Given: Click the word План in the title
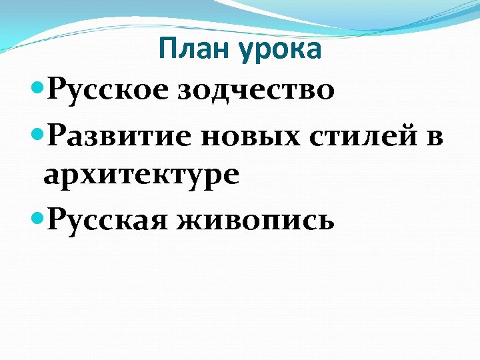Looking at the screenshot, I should (x=190, y=49).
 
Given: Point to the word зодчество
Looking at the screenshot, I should (x=256, y=91).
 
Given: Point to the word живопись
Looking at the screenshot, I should (x=256, y=220).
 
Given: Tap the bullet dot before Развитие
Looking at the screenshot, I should (x=37, y=133).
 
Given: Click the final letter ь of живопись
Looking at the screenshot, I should (x=326, y=221).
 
